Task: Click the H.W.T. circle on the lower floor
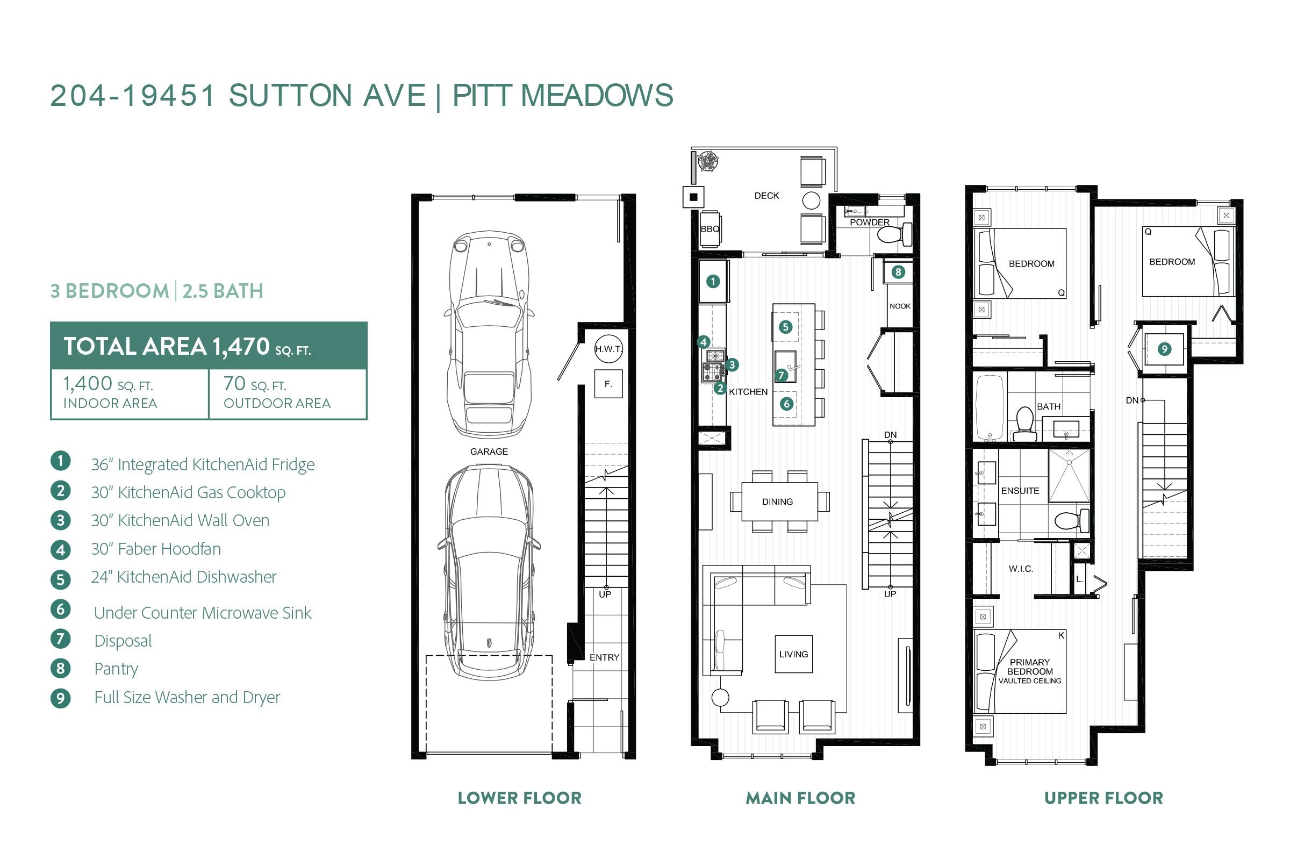click(x=608, y=349)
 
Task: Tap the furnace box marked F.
click(x=608, y=384)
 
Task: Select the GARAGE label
click(x=489, y=451)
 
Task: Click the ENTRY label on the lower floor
click(x=604, y=657)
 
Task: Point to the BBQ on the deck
click(x=709, y=229)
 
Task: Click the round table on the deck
click(x=811, y=200)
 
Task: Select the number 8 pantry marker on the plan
click(x=898, y=271)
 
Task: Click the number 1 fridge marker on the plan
click(x=713, y=281)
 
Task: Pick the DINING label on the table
click(x=777, y=502)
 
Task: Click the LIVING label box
click(x=794, y=654)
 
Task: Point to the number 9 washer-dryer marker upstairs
click(x=1164, y=349)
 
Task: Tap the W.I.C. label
click(x=1021, y=569)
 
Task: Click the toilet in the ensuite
click(x=1071, y=520)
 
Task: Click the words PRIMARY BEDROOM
click(x=1029, y=667)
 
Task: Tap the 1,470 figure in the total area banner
click(x=241, y=346)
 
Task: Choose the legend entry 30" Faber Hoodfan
click(x=156, y=548)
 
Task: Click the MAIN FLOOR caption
click(x=800, y=798)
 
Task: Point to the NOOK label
click(x=900, y=306)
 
